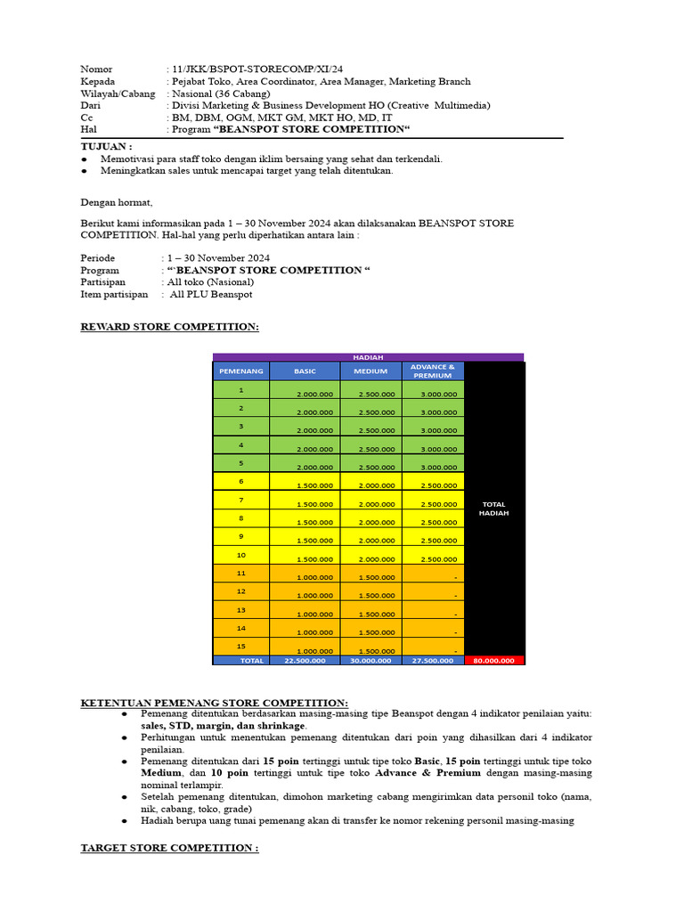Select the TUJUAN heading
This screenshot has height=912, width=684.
(x=106, y=146)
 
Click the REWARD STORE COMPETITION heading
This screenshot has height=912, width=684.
(x=169, y=327)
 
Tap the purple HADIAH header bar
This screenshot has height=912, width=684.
(x=368, y=357)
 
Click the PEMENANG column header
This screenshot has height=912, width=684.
(x=240, y=370)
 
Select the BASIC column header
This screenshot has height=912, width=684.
(x=305, y=370)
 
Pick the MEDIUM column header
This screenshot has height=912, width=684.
(x=370, y=370)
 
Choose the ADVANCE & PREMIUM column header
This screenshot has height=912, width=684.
(x=433, y=370)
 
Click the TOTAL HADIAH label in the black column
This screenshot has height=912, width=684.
(x=493, y=509)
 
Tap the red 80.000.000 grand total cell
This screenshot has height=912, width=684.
(x=493, y=661)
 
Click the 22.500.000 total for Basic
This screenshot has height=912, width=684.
(x=305, y=661)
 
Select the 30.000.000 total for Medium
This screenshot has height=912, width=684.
(x=370, y=661)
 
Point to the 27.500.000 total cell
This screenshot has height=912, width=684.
(x=433, y=661)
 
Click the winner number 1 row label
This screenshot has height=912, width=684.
(x=240, y=390)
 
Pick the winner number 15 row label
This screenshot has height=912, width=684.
(x=240, y=646)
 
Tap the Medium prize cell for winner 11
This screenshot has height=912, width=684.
(x=370, y=575)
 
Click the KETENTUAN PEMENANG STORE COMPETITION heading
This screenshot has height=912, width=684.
(x=215, y=703)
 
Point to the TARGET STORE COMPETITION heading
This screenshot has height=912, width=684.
(x=169, y=848)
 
